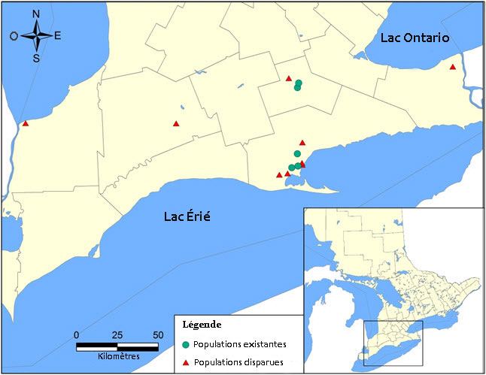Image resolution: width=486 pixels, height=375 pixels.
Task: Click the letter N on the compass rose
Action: tap(36, 14)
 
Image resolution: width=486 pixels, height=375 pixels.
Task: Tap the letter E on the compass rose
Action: tap(58, 35)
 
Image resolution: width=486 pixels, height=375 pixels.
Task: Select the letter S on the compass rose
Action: tap(36, 57)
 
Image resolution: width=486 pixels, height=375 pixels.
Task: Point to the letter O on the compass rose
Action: tap(14, 35)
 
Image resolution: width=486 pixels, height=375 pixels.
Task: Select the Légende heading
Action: tap(202, 325)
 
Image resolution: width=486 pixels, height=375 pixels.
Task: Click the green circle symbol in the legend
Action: tap(186, 345)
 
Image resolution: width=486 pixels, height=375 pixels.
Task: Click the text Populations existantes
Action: tap(240, 345)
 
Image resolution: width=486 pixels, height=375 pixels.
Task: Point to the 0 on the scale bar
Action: tap(77, 334)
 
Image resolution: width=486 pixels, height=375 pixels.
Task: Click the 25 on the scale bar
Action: tap(117, 334)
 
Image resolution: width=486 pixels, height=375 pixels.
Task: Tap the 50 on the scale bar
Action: tap(158, 334)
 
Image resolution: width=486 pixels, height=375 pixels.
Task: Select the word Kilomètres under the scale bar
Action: tap(117, 355)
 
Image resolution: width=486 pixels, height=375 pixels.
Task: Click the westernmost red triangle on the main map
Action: tap(26, 124)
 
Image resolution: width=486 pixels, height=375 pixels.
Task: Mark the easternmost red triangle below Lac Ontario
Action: tap(452, 68)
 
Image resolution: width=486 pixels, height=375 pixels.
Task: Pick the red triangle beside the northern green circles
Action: tap(289, 77)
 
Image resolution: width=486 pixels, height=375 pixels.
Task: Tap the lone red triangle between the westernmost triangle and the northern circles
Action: tap(176, 124)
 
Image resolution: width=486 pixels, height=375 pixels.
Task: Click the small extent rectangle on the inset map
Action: tap(393, 343)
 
